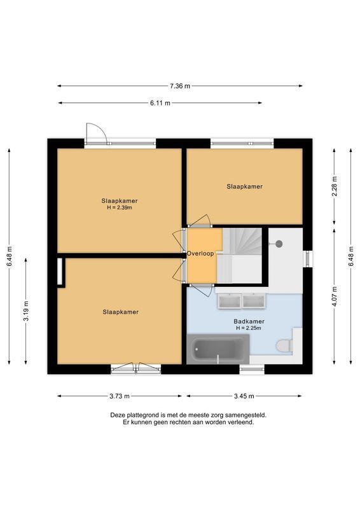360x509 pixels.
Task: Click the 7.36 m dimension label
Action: click(x=180, y=86)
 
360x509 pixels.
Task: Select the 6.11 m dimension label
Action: click(x=160, y=103)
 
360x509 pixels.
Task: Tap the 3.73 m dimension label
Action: click(x=120, y=396)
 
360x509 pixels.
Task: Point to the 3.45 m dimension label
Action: click(x=244, y=396)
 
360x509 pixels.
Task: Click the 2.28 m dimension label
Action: click(x=335, y=186)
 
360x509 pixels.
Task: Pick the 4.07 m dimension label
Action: click(x=335, y=296)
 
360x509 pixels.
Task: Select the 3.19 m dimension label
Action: click(x=26, y=311)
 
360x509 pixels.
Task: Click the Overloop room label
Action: click(x=200, y=253)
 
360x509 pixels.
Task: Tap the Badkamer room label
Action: click(x=249, y=321)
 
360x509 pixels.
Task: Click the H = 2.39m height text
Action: click(x=120, y=208)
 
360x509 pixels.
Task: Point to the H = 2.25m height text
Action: click(x=249, y=328)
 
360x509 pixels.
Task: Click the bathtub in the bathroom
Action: click(x=218, y=349)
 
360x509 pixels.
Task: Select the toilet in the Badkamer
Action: click(x=285, y=345)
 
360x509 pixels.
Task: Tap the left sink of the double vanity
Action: click(x=230, y=301)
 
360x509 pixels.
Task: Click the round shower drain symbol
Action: click(x=279, y=244)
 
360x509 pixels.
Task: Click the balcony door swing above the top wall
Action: click(x=96, y=133)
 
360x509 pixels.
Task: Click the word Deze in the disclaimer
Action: click(x=117, y=415)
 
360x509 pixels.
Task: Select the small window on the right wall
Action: click(x=308, y=259)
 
